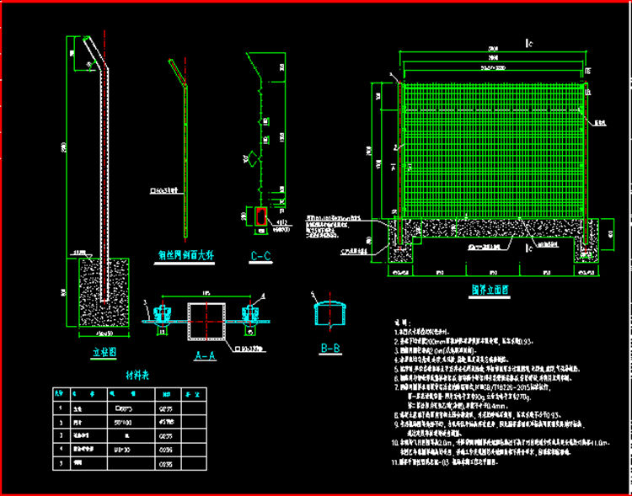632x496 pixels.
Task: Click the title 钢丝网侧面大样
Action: pyautogui.click(x=185, y=253)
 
